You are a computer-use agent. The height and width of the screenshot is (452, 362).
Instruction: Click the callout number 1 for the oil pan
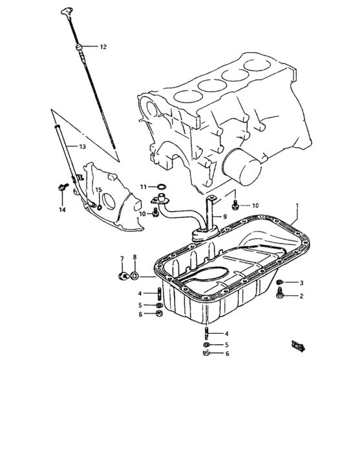297,207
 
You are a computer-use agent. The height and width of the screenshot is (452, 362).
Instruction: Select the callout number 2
301,296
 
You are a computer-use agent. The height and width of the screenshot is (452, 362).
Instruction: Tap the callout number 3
301,283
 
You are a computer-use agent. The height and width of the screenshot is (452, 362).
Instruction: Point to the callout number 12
103,47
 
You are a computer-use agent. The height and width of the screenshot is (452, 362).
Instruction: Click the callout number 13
82,147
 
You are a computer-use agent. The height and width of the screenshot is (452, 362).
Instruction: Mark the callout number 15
99,190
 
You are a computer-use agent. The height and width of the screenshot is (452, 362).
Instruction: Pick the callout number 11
144,187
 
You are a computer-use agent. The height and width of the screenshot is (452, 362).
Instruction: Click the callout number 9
226,216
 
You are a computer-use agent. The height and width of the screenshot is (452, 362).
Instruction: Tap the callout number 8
134,258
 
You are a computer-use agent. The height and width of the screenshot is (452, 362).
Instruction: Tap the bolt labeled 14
61,189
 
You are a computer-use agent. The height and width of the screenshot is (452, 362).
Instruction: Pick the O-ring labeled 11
160,187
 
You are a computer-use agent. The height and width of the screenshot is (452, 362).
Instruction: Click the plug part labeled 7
122,277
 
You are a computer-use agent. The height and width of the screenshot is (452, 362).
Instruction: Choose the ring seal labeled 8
134,277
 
